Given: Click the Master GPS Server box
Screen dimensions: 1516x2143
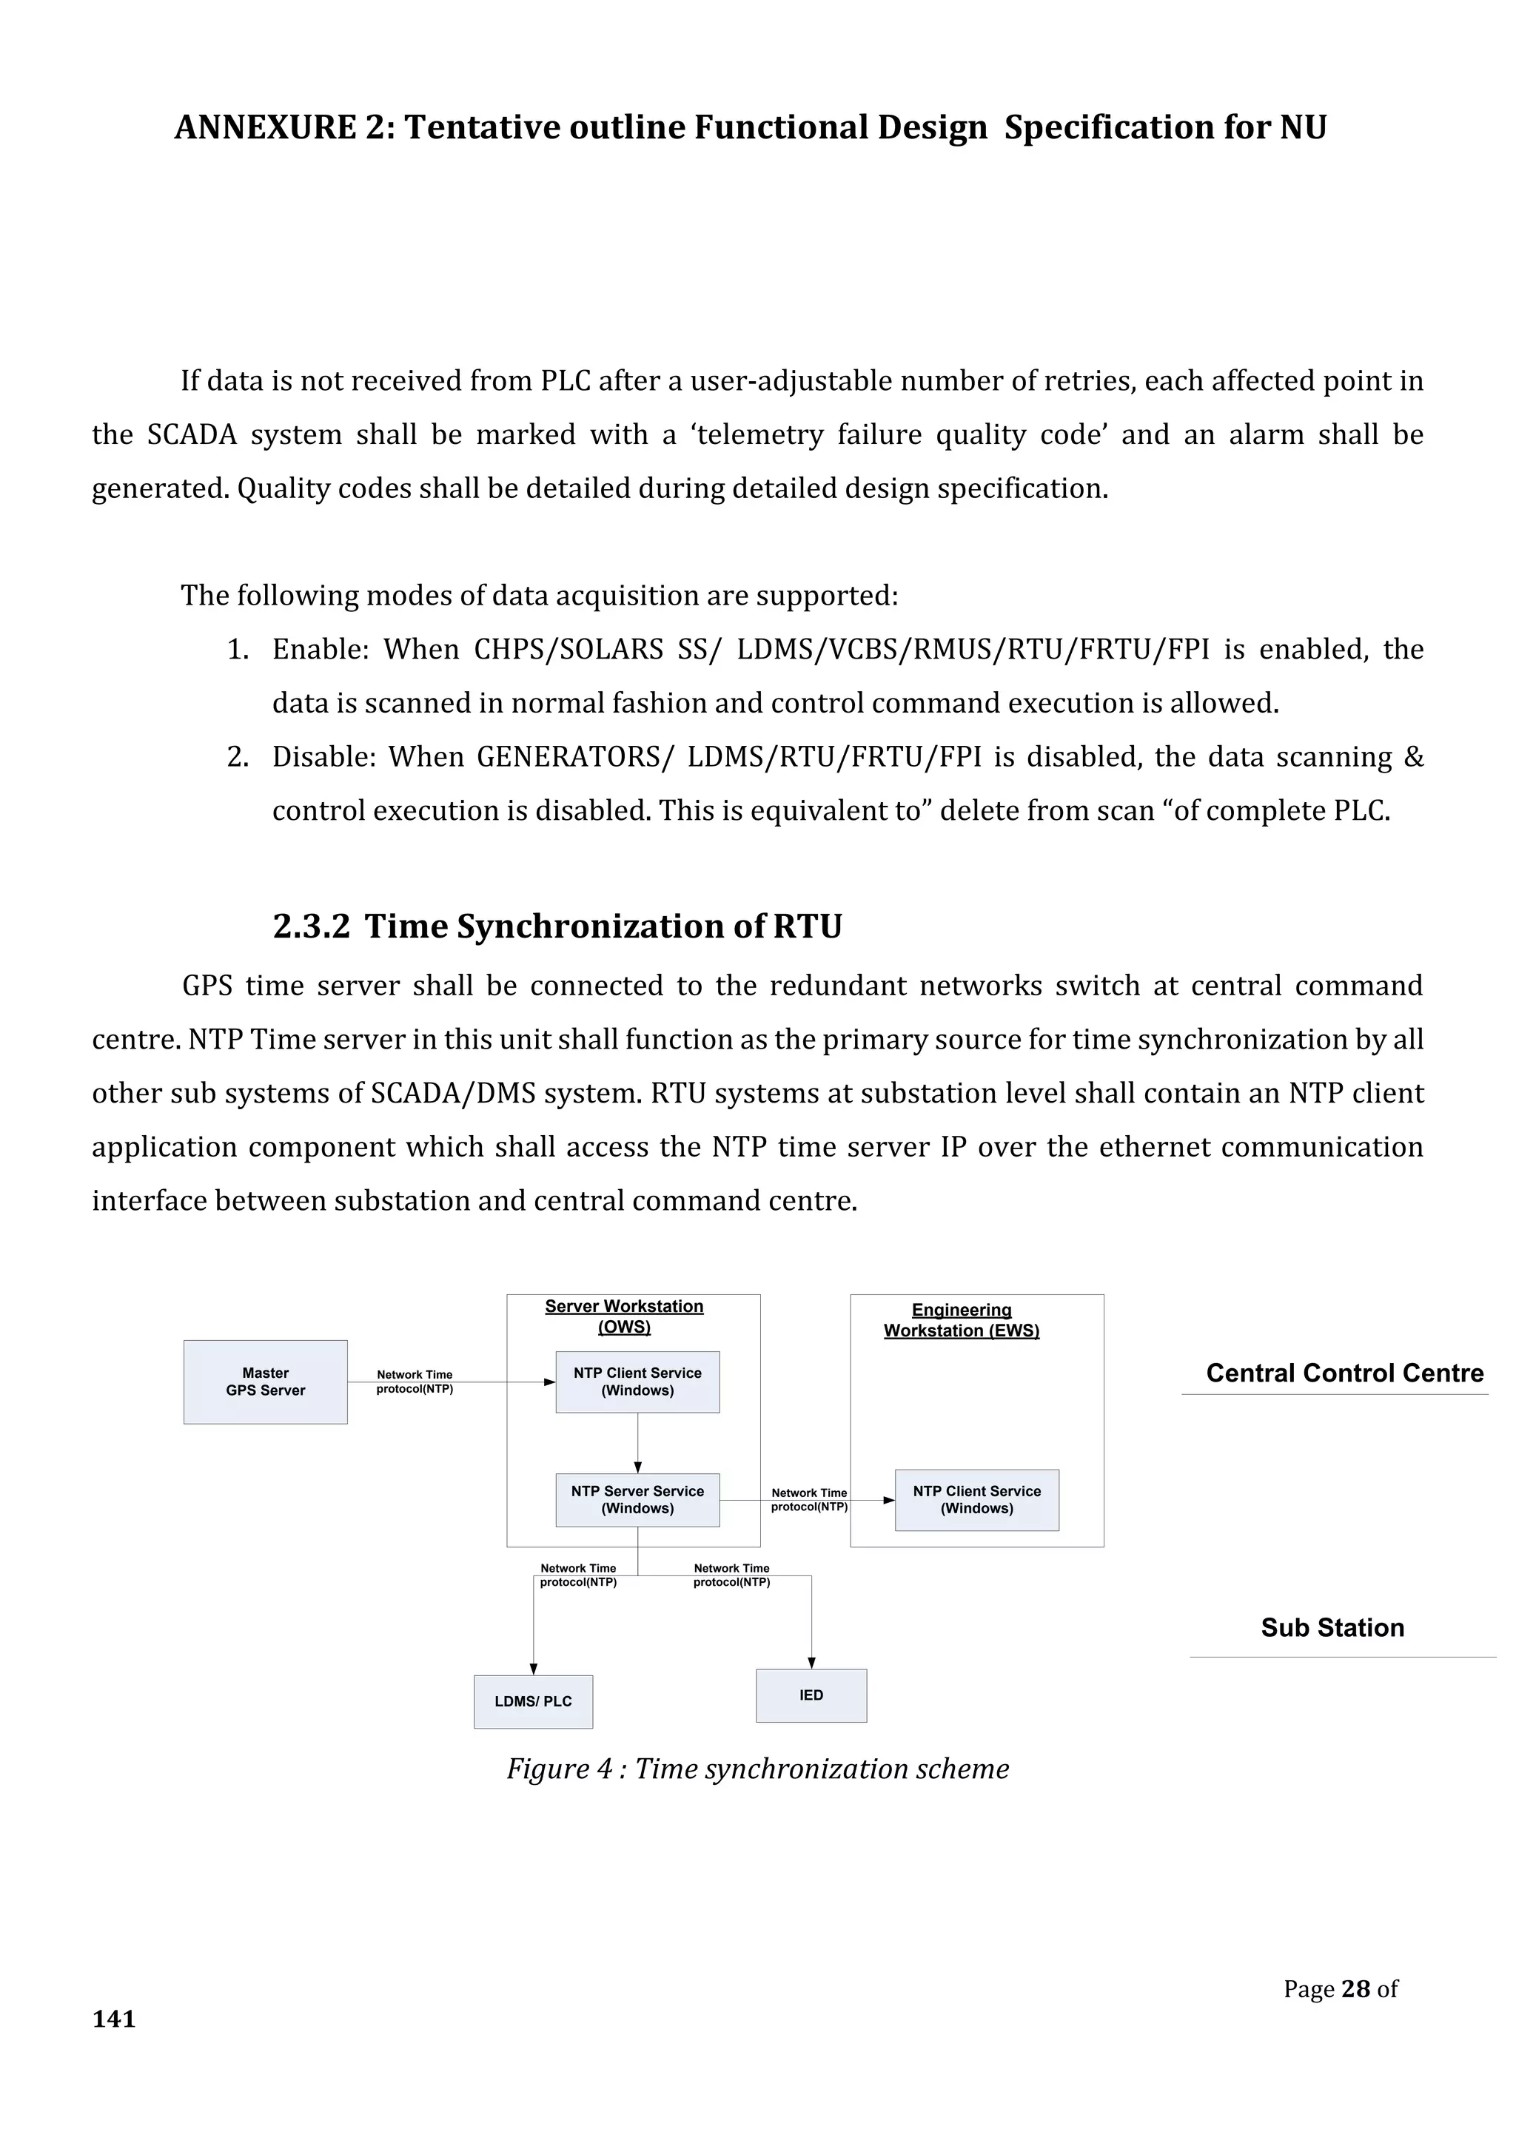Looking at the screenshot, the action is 265,1382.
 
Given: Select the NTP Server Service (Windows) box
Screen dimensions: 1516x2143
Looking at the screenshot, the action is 637,1500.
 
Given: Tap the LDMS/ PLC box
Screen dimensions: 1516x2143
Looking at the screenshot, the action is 533,1701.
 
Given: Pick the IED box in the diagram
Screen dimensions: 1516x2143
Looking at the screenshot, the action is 811,1695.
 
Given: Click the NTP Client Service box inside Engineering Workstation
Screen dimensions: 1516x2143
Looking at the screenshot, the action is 976,1500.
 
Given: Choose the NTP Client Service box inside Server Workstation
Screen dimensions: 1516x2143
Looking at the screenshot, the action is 637,1382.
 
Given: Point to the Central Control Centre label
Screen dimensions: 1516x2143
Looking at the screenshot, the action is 1344,1373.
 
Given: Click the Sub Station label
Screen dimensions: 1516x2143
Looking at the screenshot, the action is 1332,1628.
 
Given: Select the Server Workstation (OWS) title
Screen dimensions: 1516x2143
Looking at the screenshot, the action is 625,1316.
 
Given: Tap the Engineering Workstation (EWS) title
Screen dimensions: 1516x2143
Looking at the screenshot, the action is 962,1320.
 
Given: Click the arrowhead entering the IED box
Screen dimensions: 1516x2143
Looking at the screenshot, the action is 811,1662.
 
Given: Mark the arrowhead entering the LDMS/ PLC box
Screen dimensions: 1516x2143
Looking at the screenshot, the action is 534,1669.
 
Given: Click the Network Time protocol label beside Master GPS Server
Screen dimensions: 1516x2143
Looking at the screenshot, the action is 415,1382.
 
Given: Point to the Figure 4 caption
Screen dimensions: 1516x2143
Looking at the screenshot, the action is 757,1769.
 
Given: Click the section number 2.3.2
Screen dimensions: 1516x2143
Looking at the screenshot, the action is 311,926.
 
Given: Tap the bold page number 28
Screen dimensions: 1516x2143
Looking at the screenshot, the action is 1355,1989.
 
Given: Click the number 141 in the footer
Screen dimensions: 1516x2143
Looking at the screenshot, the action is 114,2019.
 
